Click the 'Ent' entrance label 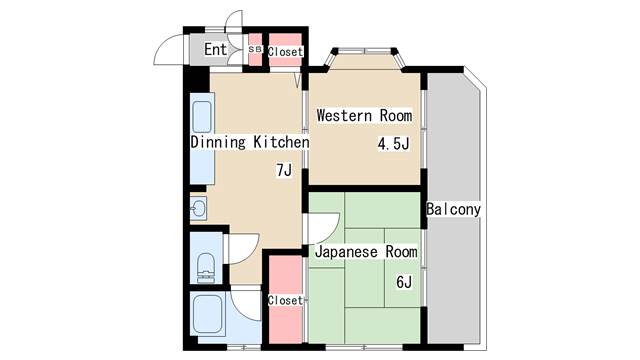pyautogui.click(x=215, y=49)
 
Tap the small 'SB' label pyautogui.click(x=255, y=49)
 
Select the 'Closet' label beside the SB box pyautogui.click(x=285, y=52)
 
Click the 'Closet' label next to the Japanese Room pyautogui.click(x=285, y=300)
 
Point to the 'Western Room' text pyautogui.click(x=364, y=116)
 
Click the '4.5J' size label pyautogui.click(x=393, y=144)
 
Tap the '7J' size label pyautogui.click(x=284, y=170)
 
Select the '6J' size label pyautogui.click(x=404, y=282)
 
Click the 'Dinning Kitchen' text pyautogui.click(x=250, y=142)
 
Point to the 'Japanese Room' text pyautogui.click(x=366, y=252)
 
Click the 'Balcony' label pyautogui.click(x=453, y=209)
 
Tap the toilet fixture pyautogui.click(x=206, y=268)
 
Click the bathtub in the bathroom pyautogui.click(x=208, y=313)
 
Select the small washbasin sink pyautogui.click(x=198, y=209)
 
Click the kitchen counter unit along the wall pyautogui.click(x=202, y=138)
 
